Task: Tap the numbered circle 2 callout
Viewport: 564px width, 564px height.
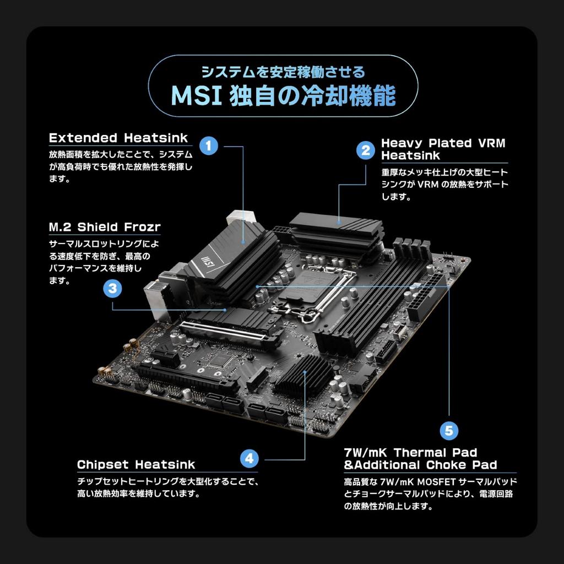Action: pos(365,150)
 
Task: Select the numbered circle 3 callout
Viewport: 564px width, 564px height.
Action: pos(112,288)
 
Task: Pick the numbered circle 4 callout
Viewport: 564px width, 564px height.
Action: pos(249,458)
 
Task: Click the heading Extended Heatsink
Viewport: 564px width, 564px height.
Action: pos(118,138)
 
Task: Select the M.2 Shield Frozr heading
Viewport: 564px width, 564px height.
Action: pos(105,227)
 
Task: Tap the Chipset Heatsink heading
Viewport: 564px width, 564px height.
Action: pos(136,464)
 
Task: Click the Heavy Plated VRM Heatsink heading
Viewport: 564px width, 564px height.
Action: pos(443,149)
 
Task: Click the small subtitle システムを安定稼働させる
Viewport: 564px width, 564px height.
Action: pos(283,72)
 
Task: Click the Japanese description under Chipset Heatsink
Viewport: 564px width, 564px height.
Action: pos(167,487)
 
